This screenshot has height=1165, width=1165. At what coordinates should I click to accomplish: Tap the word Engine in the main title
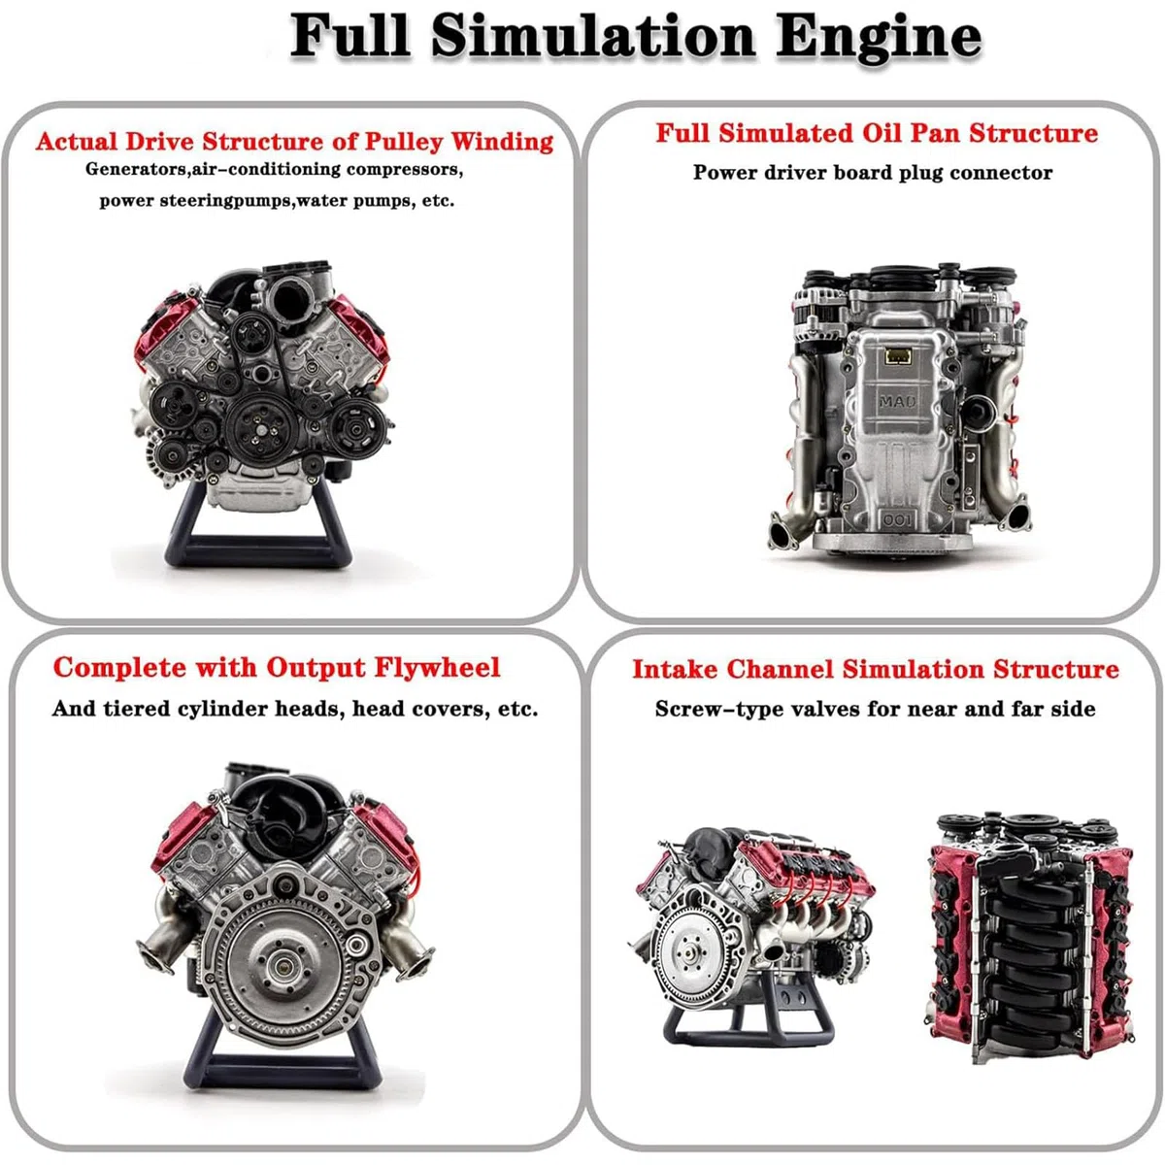[879, 39]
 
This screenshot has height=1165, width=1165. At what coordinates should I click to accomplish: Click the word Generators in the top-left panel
[136, 169]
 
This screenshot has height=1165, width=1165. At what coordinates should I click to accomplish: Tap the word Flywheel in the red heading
[437, 668]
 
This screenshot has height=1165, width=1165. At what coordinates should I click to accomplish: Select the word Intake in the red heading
[676, 669]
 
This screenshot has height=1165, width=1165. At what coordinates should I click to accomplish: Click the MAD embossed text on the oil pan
[898, 401]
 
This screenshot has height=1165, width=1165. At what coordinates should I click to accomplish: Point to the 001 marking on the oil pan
[898, 520]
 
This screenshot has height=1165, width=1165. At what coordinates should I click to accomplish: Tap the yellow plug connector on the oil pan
[898, 355]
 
